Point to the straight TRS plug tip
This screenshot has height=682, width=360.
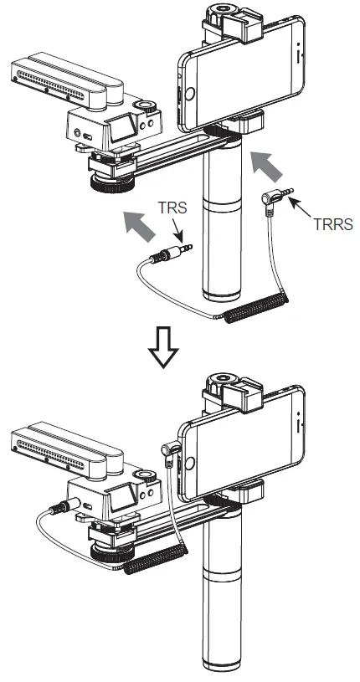[189, 248]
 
